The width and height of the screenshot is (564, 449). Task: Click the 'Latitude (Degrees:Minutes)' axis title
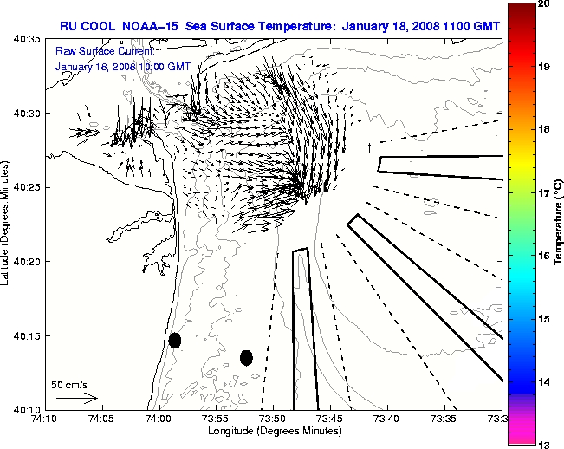click(6, 224)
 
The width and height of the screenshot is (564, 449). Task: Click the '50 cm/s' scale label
click(68, 384)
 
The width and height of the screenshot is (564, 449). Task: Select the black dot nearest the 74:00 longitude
click(175, 340)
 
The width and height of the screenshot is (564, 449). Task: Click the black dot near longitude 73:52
click(246, 357)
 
